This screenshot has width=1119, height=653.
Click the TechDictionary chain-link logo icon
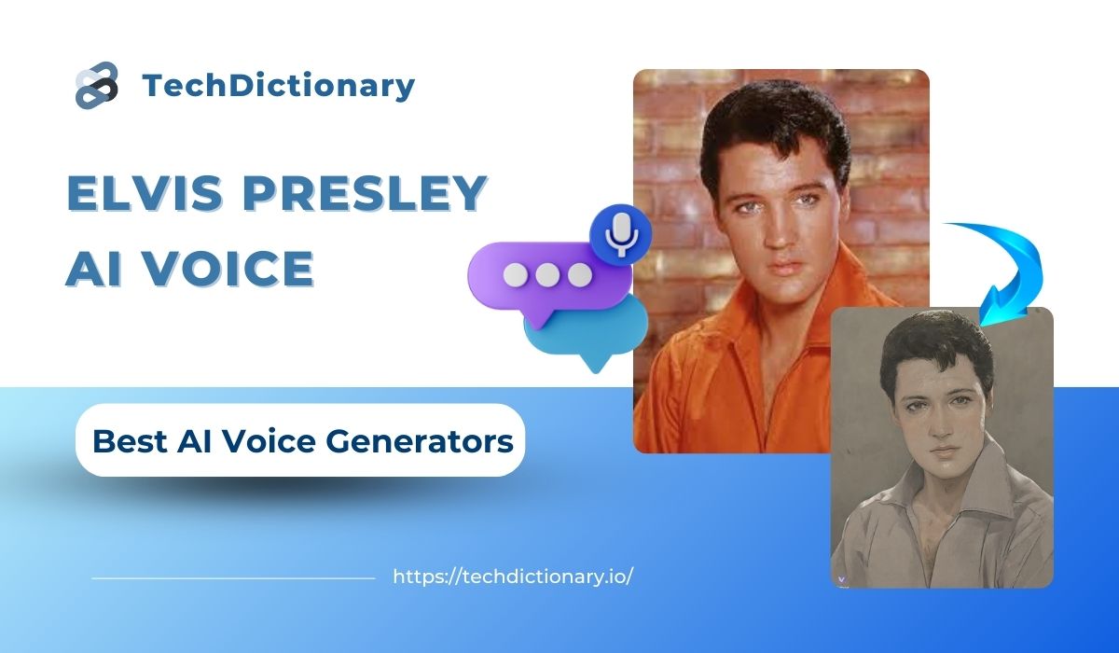[x=97, y=85]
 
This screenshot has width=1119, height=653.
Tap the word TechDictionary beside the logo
[x=278, y=86]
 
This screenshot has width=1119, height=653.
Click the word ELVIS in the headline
[x=145, y=193]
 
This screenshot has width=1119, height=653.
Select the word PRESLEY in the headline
[x=366, y=193]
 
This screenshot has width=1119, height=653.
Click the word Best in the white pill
[x=130, y=441]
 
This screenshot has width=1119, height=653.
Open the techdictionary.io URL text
[x=513, y=577]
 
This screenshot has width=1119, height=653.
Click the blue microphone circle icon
[x=621, y=235]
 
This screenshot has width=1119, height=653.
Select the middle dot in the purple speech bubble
[x=547, y=275]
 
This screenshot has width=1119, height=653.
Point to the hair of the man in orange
[x=774, y=130]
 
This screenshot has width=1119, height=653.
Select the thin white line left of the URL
[x=233, y=578]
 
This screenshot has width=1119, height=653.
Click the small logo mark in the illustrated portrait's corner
[x=842, y=579]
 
